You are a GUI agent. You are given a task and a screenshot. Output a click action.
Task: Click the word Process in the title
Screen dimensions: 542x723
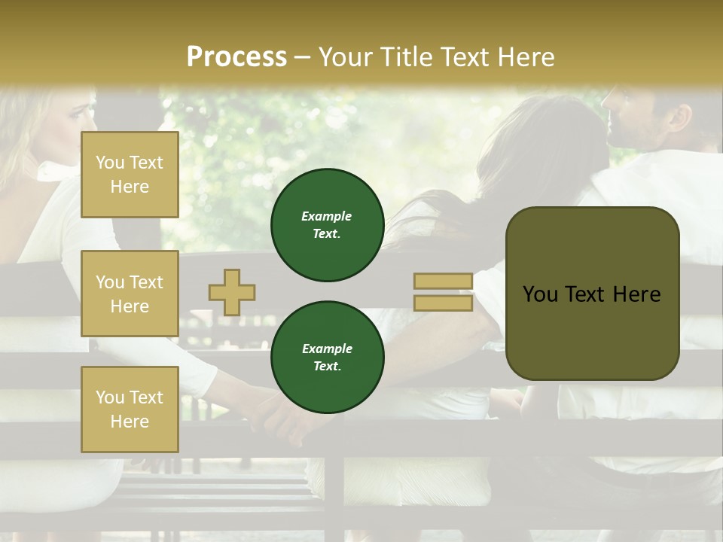(x=236, y=57)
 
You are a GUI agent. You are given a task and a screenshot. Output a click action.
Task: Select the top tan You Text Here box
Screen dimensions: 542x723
(x=130, y=175)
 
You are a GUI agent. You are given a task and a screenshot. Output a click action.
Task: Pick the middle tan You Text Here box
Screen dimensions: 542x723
(x=130, y=294)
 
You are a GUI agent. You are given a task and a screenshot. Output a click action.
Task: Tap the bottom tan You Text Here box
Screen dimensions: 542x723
(x=130, y=409)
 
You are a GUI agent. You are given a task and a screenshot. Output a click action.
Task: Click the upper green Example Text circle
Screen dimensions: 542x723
(x=327, y=225)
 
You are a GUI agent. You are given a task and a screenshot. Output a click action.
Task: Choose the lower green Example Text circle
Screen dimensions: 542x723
(x=327, y=358)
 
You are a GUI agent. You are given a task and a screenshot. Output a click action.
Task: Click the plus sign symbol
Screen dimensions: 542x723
(x=232, y=292)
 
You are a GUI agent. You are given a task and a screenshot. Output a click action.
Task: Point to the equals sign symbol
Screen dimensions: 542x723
(x=443, y=292)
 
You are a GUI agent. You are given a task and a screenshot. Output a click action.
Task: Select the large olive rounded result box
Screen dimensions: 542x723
(x=592, y=294)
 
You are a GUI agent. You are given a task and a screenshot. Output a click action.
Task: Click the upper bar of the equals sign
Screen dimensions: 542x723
(x=443, y=282)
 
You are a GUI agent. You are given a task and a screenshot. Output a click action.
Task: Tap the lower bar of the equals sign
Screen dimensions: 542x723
(x=443, y=303)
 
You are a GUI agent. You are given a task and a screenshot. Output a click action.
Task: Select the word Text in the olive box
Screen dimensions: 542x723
(x=591, y=294)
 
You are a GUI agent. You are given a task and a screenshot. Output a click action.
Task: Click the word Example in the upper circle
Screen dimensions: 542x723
(x=327, y=216)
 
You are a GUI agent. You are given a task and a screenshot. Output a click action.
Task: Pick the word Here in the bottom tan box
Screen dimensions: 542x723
(x=130, y=422)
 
